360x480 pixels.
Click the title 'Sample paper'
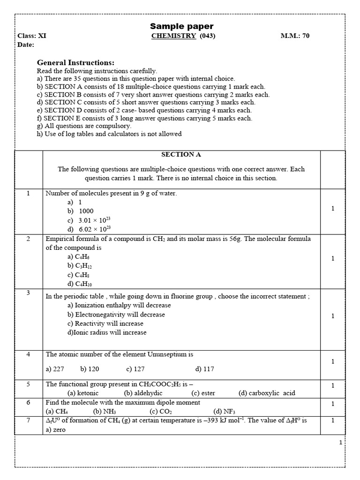pos(181,26)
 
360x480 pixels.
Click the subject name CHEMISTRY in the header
pos(173,36)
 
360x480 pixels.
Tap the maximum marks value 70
pos(306,36)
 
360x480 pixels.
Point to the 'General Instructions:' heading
pos(75,63)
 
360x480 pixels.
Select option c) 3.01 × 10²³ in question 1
pos(89,220)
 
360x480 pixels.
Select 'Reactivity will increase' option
pos(105,323)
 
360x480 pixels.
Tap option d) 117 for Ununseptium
pos(205,369)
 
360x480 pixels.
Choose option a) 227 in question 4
pos(55,369)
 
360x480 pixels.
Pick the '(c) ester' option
pos(203,393)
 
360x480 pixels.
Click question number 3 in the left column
pos(28,293)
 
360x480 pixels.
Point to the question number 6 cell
pos(28,402)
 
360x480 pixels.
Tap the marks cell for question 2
pos(333,258)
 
